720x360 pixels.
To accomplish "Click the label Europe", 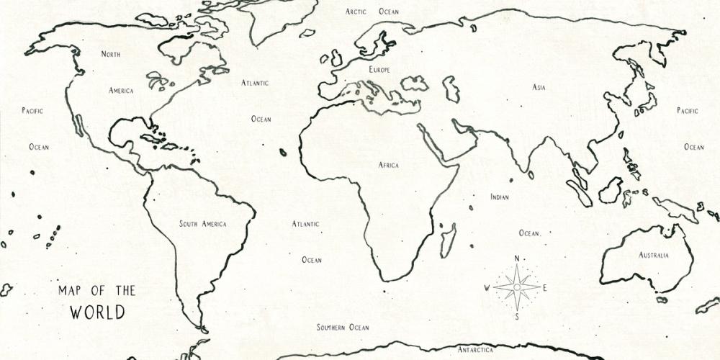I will pyautogui.click(x=379, y=70).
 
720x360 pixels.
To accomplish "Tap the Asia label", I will pyautogui.click(x=539, y=87).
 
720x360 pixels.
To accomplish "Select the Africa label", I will pyautogui.click(x=389, y=166).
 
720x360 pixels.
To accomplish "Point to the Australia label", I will pyautogui.click(x=654, y=255).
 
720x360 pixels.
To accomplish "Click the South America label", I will pyautogui.click(x=202, y=224).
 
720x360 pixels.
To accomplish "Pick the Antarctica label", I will pyautogui.click(x=476, y=350).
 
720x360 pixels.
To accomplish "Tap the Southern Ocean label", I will pyautogui.click(x=343, y=328).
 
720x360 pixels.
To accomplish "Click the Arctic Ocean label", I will pyautogui.click(x=372, y=12).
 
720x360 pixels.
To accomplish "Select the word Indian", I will pyautogui.click(x=500, y=197).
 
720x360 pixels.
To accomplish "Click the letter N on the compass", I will pyautogui.click(x=516, y=259).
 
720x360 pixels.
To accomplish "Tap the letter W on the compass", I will pyautogui.click(x=487, y=288).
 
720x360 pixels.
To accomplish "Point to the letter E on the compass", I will pyautogui.click(x=545, y=288).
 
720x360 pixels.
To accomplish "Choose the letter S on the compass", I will pyautogui.click(x=516, y=316).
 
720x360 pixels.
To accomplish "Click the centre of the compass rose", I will pyautogui.click(x=516, y=287).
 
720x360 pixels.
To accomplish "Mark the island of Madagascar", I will pyautogui.click(x=448, y=238).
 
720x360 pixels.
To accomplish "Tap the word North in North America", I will pyautogui.click(x=111, y=54).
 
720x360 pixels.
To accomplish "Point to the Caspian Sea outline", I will pyautogui.click(x=451, y=88).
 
